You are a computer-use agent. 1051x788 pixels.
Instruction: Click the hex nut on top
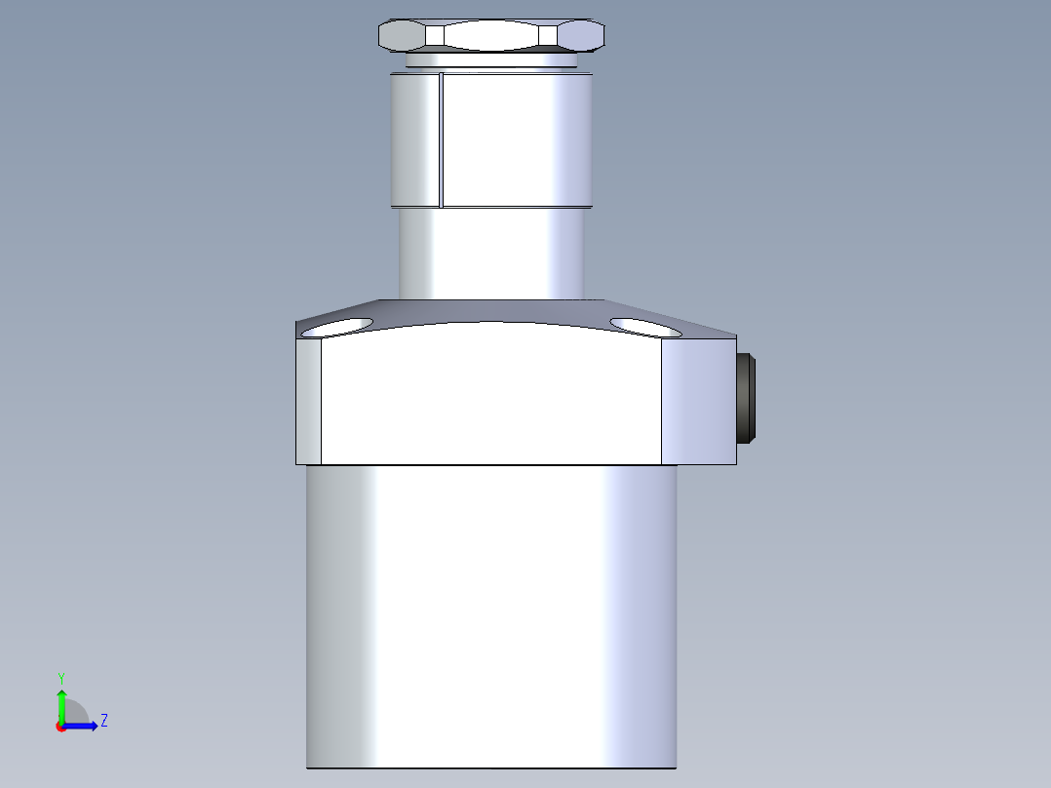pyautogui.click(x=491, y=36)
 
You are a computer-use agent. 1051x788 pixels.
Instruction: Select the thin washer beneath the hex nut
pyautogui.click(x=491, y=60)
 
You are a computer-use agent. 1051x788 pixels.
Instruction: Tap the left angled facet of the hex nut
pyautogui.click(x=402, y=36)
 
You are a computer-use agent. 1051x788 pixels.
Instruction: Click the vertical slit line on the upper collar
pyautogui.click(x=442, y=141)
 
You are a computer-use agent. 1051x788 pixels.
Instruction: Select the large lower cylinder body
pyautogui.click(x=491, y=614)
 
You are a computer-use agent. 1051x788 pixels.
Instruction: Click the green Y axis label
pyautogui.click(x=60, y=677)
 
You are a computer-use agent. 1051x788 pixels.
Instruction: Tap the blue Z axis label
pyautogui.click(x=103, y=721)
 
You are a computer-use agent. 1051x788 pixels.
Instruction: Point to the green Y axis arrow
pyautogui.click(x=61, y=704)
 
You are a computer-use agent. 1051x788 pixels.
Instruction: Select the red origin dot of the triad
pyautogui.click(x=60, y=727)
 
